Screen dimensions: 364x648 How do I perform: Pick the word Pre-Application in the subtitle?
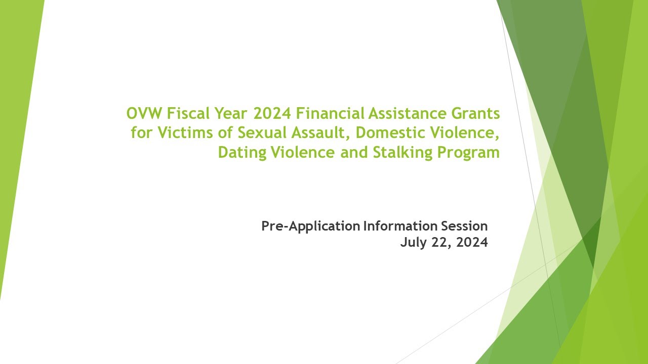click(x=310, y=226)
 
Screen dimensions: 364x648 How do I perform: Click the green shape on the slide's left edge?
click(x=18, y=126)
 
